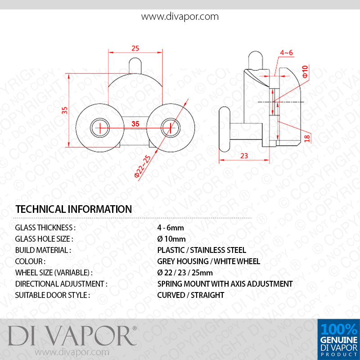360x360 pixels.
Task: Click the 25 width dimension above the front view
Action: tap(135, 48)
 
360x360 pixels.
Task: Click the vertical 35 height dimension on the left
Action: tap(65, 110)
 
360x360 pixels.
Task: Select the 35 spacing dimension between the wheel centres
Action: tap(135, 124)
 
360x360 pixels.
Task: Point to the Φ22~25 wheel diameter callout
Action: tap(143, 166)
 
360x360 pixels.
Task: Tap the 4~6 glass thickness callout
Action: tap(286, 53)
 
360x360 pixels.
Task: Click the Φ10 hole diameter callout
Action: tap(305, 72)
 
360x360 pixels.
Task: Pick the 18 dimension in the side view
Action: tap(307, 138)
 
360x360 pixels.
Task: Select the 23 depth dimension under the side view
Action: tap(244, 156)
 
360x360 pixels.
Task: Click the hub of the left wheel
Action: tap(100, 128)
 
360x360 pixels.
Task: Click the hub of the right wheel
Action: tap(171, 128)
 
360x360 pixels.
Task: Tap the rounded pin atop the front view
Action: tap(135, 66)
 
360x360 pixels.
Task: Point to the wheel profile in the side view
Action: tap(225, 130)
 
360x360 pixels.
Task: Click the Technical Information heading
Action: tap(73, 209)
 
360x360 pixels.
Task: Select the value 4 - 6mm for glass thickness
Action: tap(171, 228)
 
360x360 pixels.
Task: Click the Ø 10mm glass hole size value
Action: tap(171, 239)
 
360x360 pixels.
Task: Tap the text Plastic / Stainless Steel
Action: tap(202, 250)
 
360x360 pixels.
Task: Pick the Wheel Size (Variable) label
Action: tap(54, 273)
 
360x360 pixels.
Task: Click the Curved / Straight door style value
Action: tap(190, 295)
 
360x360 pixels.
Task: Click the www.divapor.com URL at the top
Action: tap(180, 17)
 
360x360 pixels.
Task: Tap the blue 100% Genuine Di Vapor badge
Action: tap(339, 340)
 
